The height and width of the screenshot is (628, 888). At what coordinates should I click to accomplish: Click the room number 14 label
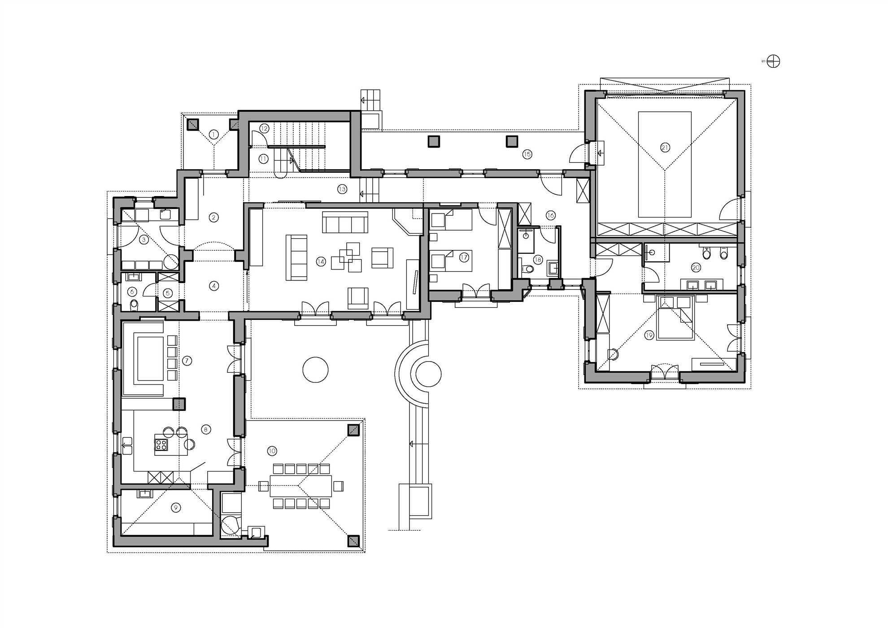[x=321, y=262]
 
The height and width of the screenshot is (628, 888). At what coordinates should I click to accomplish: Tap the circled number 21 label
[x=665, y=147]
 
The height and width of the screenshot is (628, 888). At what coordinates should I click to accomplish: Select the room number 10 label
[x=272, y=451]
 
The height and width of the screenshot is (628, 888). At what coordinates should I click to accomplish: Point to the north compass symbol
[x=773, y=61]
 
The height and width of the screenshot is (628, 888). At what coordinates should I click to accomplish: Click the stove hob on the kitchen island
[x=161, y=445]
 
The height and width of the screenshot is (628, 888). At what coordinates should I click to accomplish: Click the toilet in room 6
[x=134, y=305]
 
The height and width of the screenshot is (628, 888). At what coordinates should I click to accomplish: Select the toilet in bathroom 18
[x=528, y=269]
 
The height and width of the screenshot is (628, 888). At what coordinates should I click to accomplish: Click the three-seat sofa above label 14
[x=345, y=222]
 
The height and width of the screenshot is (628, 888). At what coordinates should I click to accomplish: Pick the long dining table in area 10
[x=300, y=486]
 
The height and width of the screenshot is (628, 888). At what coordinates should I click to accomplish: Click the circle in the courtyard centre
[x=315, y=369]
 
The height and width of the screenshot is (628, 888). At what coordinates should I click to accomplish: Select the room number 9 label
[x=176, y=507]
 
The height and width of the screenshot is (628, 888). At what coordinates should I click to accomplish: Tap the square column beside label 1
[x=193, y=124]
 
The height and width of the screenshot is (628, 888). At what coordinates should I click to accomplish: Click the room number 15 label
[x=527, y=154]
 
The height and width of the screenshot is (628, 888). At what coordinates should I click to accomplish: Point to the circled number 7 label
[x=187, y=361]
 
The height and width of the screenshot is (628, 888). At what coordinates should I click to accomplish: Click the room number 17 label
[x=464, y=257]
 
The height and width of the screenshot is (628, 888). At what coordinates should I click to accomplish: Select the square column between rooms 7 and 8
[x=179, y=404]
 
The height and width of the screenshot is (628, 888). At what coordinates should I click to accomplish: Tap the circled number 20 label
[x=696, y=268]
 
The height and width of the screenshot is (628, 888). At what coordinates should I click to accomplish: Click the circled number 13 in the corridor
[x=342, y=189]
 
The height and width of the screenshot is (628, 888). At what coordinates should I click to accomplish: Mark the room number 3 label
[x=144, y=240]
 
